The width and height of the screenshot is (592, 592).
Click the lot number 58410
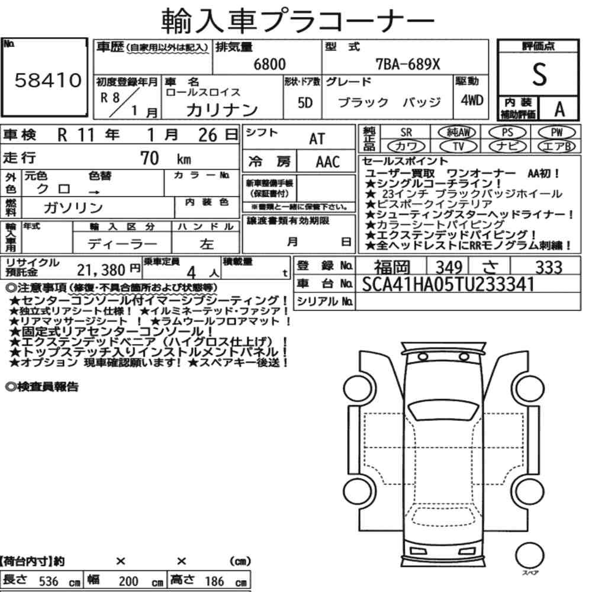pos(48,80)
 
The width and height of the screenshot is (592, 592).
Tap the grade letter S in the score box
pos(539,75)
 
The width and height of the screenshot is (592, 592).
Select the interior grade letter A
pos(559,110)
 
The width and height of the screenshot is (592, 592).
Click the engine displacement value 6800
pos(269,64)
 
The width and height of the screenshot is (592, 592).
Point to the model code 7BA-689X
pos(408,64)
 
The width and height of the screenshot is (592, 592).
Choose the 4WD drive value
pos(472,100)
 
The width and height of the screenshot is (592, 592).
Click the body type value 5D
pos(305,102)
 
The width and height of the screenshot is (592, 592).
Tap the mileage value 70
pos(150,158)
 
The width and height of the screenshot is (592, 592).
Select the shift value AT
pos(317,139)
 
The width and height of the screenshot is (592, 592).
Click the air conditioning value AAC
pos(328,162)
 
